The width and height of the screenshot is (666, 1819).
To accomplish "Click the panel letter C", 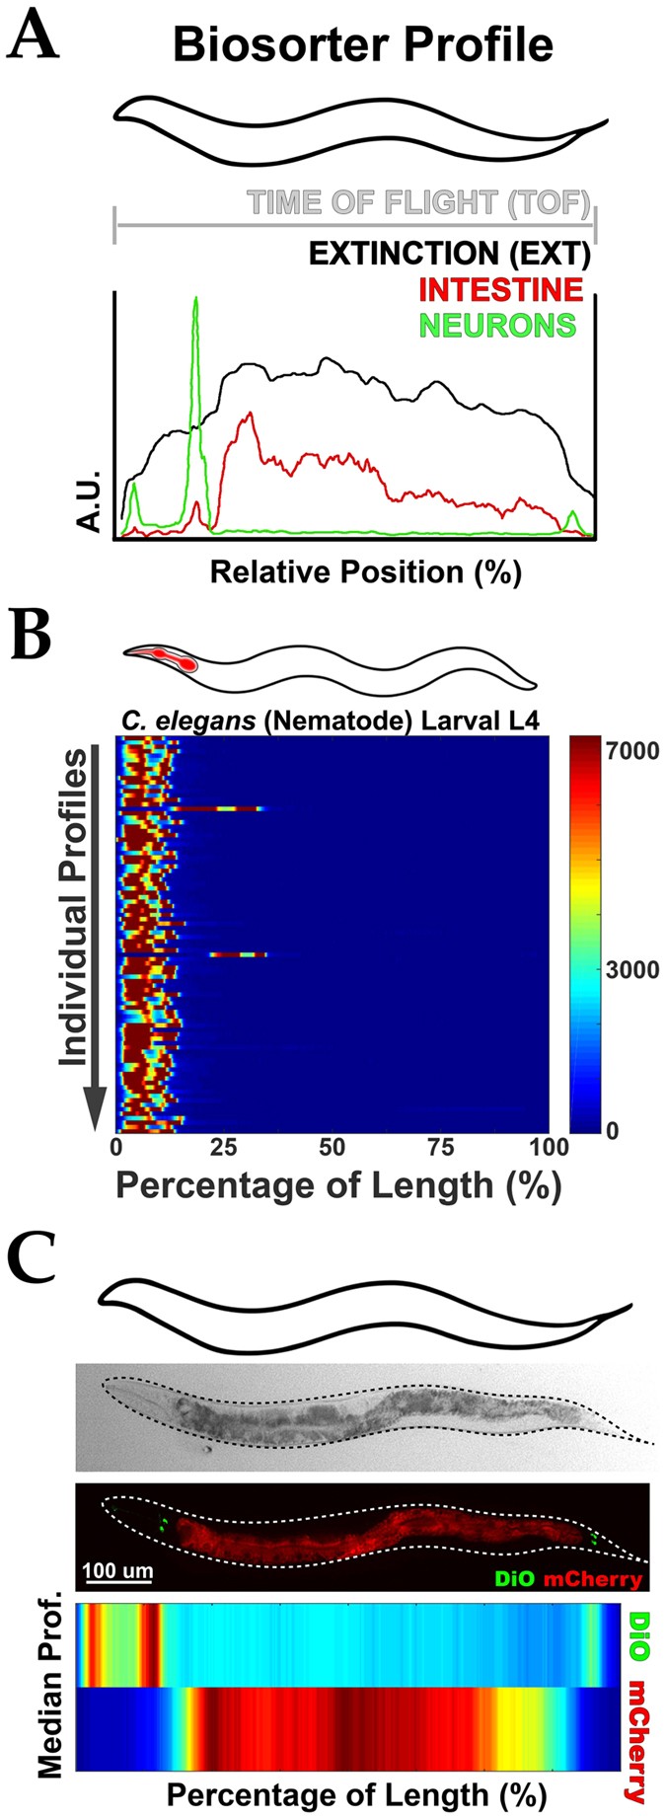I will pos(32,1259).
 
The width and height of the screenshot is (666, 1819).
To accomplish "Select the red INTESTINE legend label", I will pos(501,289).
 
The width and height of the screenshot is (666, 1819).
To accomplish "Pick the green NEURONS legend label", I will pos(498,325).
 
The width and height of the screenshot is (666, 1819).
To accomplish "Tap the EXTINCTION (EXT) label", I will pos(449,254).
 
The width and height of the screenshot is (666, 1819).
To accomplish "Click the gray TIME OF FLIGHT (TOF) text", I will pos(418,203).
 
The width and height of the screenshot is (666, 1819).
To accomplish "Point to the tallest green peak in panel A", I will pos(196,301).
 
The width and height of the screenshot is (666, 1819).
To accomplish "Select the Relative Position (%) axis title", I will pos(365,571).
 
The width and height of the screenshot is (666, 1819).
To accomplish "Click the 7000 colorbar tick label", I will pos(632,751).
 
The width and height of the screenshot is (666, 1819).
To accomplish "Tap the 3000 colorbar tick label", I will pos(632,969).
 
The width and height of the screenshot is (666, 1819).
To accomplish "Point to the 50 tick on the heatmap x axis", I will pos(333,1147).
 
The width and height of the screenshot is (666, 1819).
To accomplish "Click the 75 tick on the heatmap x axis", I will pos(440,1147).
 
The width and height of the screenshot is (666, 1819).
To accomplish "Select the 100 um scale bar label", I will pos(117,1570).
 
